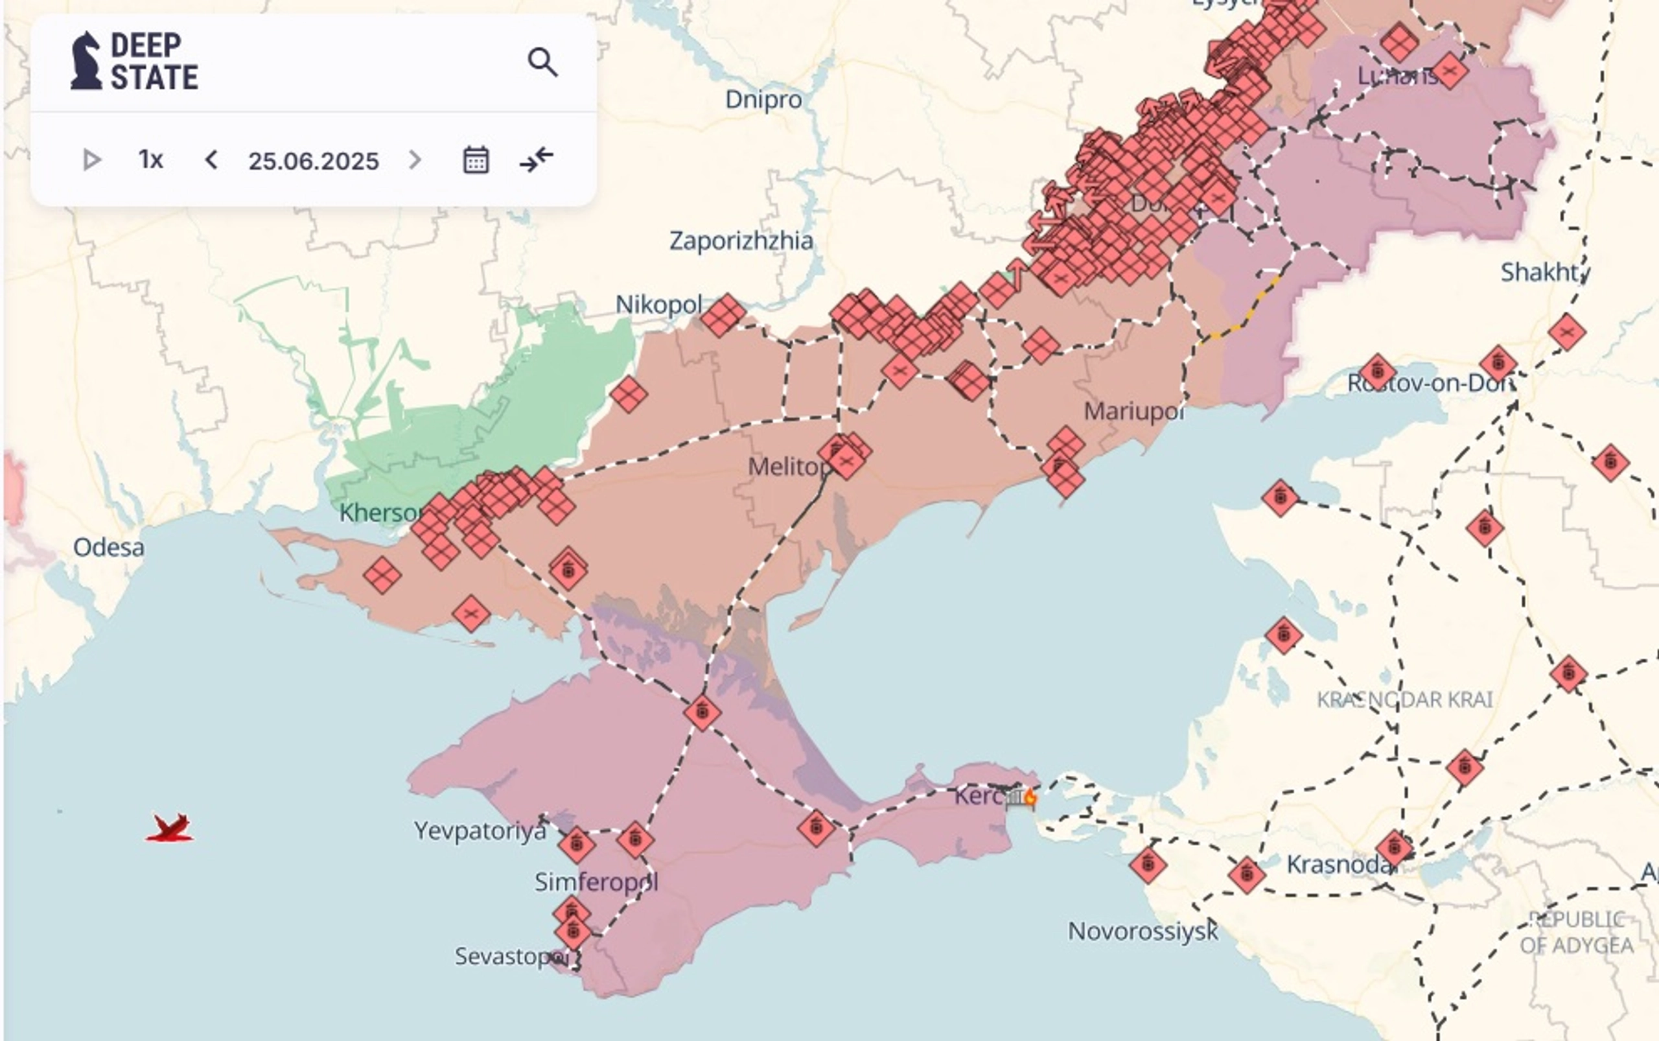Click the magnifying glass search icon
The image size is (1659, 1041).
tap(542, 62)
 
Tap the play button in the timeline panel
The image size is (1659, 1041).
tap(91, 159)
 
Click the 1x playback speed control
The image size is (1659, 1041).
tap(151, 159)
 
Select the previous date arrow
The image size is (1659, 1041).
tap(211, 159)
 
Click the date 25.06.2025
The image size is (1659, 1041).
tap(313, 161)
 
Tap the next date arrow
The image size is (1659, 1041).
tap(414, 159)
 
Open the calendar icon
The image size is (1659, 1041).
tap(476, 159)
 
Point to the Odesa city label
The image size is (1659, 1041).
tap(109, 547)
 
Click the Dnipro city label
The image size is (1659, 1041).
tap(763, 100)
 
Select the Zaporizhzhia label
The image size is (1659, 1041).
tap(741, 241)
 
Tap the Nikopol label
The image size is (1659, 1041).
tap(658, 304)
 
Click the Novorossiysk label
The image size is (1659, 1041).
tap(1142, 931)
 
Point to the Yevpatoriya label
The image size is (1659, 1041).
tap(480, 831)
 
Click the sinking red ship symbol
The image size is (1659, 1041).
tap(170, 828)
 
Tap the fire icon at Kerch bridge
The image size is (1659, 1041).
tap(1030, 797)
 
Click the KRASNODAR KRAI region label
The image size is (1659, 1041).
tap(1404, 700)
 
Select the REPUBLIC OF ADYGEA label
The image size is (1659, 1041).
tap(1577, 932)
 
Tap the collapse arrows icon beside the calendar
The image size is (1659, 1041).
tap(536, 159)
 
